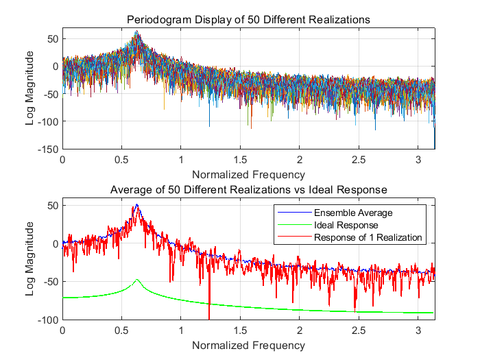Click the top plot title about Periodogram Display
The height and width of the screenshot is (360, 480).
click(x=248, y=20)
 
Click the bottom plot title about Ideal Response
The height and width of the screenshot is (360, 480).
click(x=248, y=189)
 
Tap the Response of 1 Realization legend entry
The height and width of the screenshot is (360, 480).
click(x=367, y=237)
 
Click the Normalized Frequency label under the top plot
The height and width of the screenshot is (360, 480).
click(x=248, y=173)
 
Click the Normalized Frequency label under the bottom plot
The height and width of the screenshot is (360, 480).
click(x=248, y=344)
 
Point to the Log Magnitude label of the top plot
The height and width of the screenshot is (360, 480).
click(x=30, y=93)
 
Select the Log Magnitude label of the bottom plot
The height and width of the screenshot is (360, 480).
click(x=30, y=263)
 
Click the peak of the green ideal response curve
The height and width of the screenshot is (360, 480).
click(x=137, y=280)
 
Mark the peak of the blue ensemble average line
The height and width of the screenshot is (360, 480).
click(x=137, y=205)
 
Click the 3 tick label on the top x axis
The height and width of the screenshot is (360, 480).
click(x=416, y=158)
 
